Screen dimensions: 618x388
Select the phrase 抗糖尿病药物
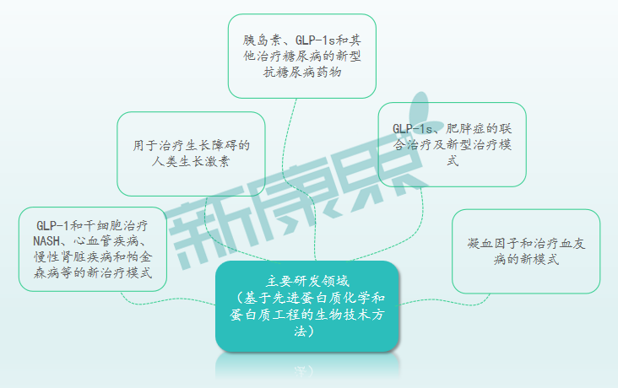[x=302, y=72]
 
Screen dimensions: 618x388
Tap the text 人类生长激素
[x=191, y=161]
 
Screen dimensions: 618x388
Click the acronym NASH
[x=46, y=241]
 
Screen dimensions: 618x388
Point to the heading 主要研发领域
[x=307, y=281]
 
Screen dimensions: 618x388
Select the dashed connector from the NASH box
[x=165, y=301]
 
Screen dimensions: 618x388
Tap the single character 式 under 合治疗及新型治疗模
[x=453, y=161]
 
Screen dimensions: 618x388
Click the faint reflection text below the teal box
[x=304, y=370]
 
